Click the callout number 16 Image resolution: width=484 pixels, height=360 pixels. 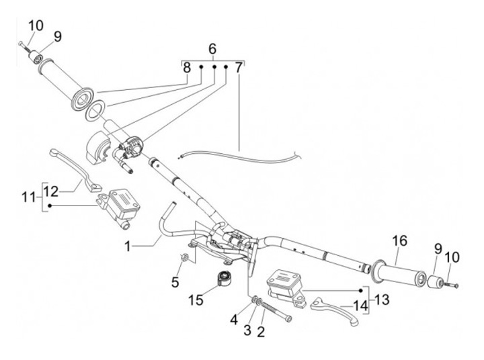399,240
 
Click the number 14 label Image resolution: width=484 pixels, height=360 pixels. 362,306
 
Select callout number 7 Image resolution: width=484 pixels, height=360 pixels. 239,69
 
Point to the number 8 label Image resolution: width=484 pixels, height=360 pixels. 186,68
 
